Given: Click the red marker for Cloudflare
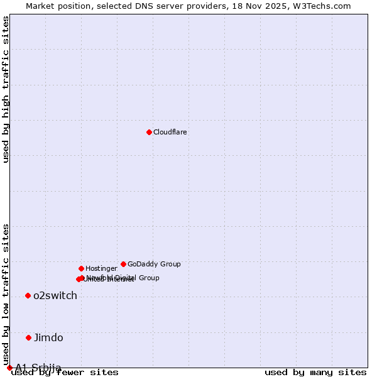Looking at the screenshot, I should (149, 132).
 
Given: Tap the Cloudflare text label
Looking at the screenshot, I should (170, 133).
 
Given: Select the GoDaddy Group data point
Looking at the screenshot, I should (123, 264).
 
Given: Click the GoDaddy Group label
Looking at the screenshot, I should (154, 265).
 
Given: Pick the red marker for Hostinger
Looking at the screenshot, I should (81, 268).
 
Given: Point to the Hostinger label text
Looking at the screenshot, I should (101, 269).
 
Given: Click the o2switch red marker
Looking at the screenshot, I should (28, 295).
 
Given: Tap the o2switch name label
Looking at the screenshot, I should (55, 296).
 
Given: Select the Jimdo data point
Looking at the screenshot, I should (28, 337).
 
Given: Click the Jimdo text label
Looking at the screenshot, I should (48, 338).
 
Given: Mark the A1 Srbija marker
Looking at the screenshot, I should (9, 368).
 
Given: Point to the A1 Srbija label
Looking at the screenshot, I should (38, 368).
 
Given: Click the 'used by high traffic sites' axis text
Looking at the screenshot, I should (6, 89).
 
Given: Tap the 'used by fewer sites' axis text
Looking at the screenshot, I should (65, 373).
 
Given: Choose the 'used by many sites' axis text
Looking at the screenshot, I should (315, 373).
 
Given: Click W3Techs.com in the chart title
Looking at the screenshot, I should (320, 6).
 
